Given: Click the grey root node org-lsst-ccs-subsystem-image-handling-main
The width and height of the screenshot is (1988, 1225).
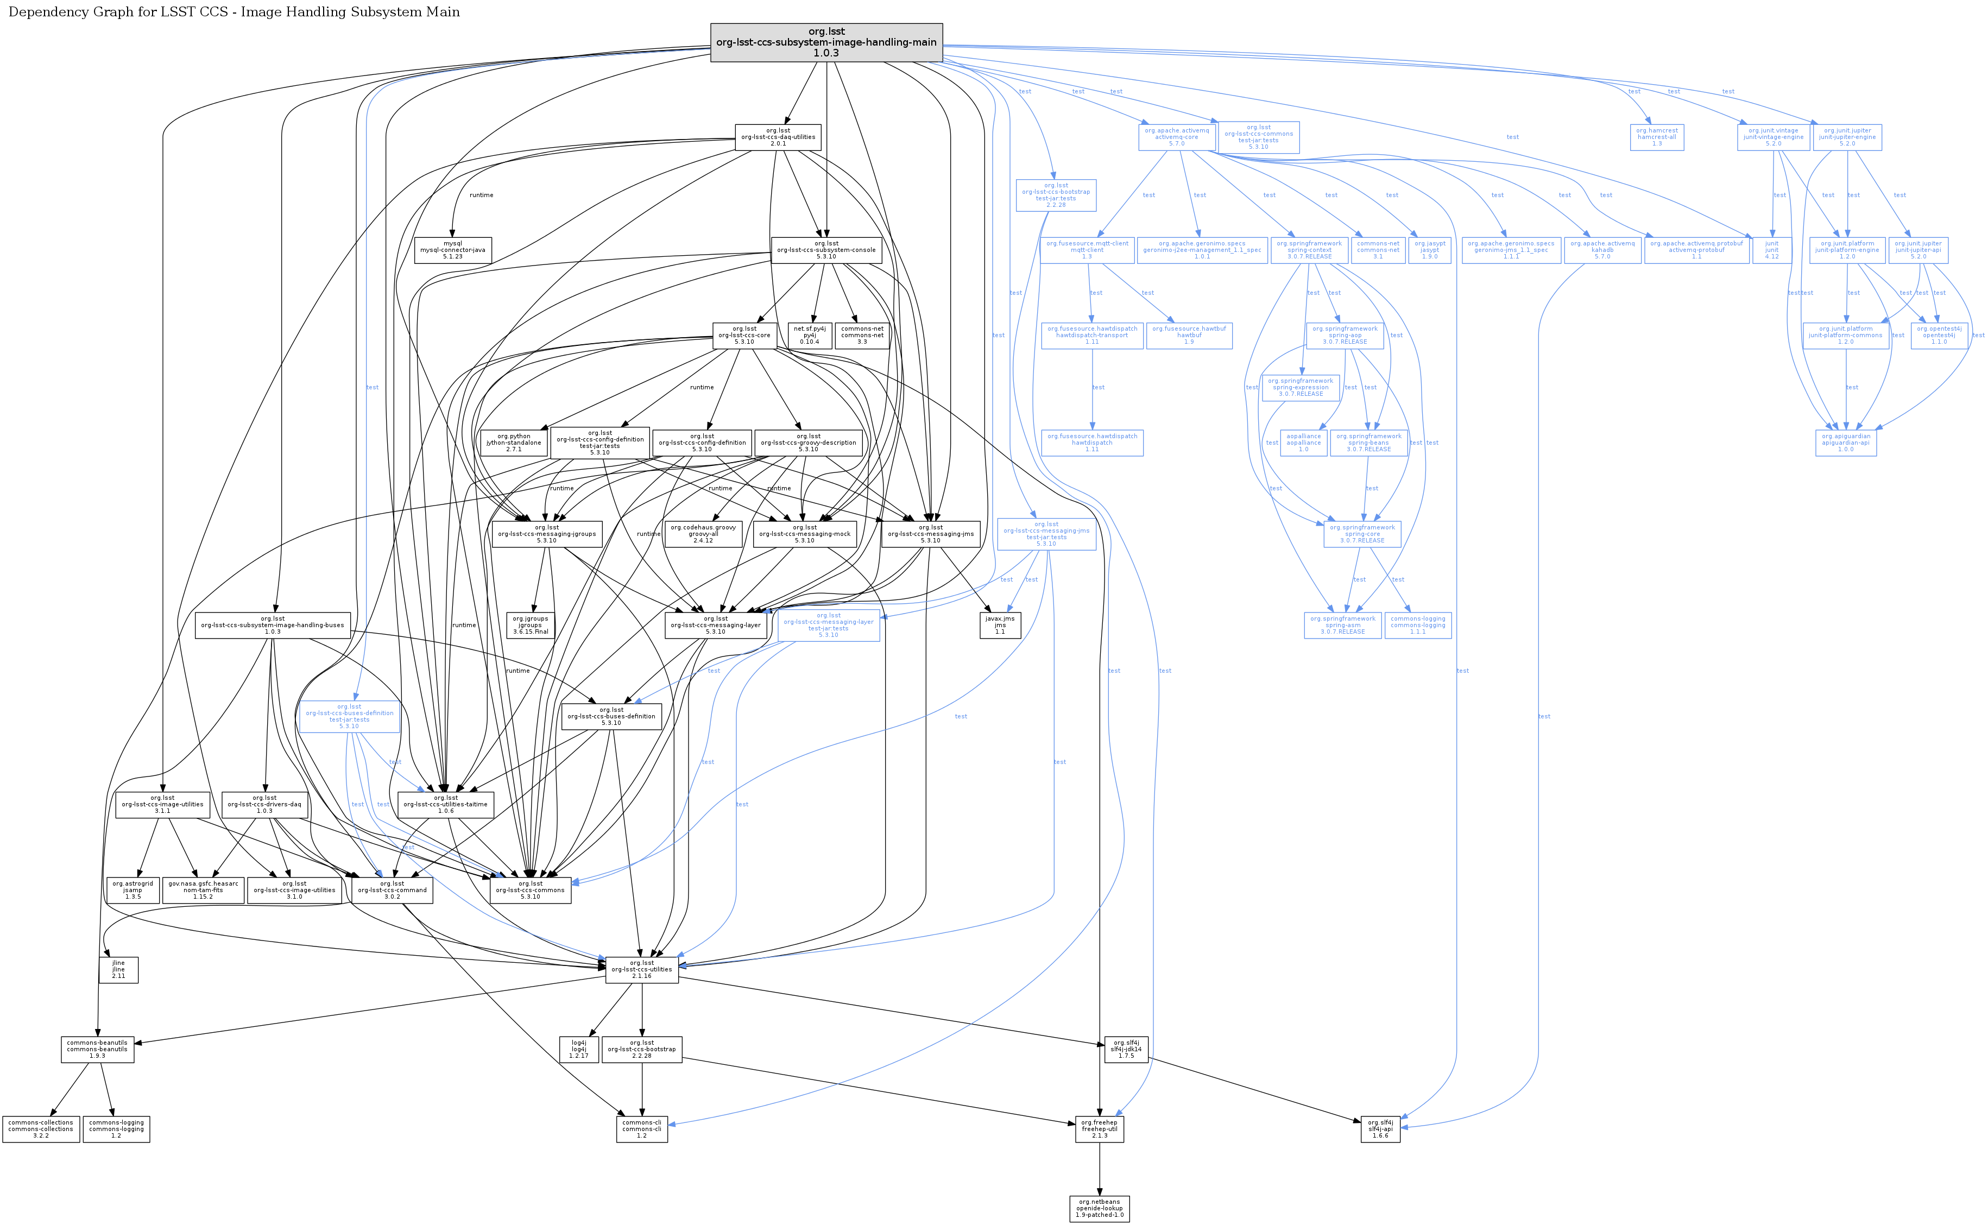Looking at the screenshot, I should [x=826, y=42].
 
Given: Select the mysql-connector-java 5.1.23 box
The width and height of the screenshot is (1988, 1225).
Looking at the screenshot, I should [x=453, y=250].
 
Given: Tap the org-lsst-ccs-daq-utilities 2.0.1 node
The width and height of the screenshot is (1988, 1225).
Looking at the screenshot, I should [x=778, y=137].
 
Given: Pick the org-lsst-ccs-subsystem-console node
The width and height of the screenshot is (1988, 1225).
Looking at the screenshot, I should [x=826, y=250].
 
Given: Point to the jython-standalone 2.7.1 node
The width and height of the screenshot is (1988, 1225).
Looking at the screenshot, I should [x=514, y=443].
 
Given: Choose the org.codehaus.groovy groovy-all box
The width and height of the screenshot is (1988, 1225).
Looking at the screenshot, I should [x=703, y=534].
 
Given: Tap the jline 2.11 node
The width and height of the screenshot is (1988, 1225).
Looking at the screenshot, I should [x=118, y=970].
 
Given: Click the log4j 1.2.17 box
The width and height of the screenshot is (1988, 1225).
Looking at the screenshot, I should [x=578, y=1049].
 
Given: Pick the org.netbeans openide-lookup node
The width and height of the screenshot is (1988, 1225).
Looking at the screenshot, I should [x=1099, y=1209].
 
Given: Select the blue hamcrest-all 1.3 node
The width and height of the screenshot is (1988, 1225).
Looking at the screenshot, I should [x=1657, y=137].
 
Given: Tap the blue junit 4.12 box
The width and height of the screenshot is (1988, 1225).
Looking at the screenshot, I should [x=1772, y=250].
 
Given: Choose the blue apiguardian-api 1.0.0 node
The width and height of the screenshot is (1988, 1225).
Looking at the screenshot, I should [x=1845, y=443].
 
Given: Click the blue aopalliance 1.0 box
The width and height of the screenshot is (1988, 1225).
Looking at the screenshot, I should [x=1303, y=443].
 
